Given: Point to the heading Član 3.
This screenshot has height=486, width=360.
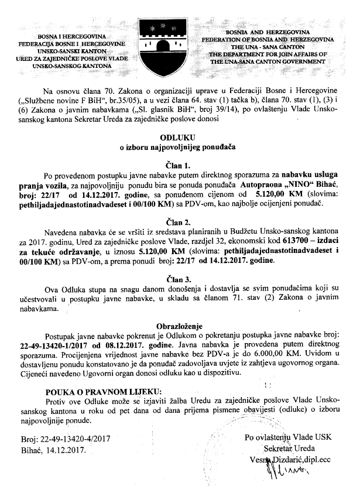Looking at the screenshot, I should (x=179, y=278).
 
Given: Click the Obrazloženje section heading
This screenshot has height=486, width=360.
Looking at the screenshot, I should (x=179, y=325).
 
